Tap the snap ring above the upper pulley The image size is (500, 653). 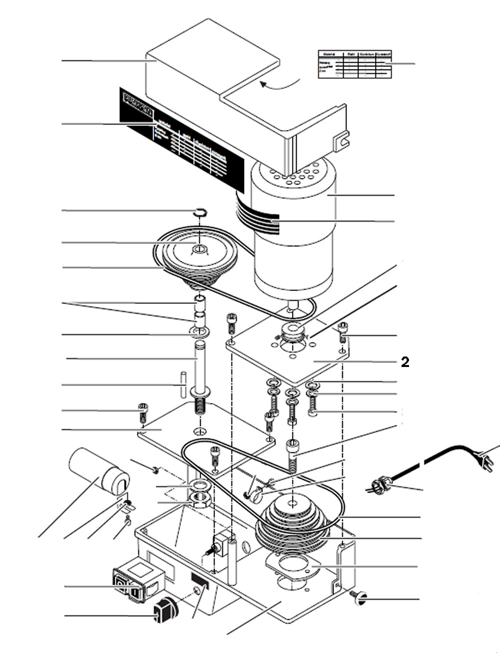(199, 212)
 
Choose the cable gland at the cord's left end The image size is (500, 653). (380, 484)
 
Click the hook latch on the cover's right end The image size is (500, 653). (342, 140)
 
